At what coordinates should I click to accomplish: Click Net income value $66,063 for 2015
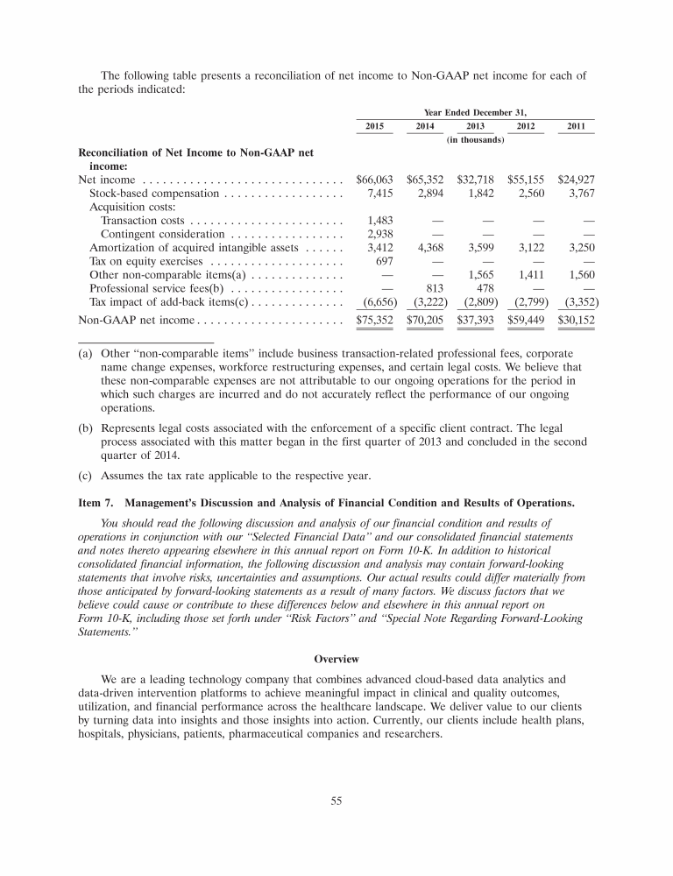pyautogui.click(x=375, y=179)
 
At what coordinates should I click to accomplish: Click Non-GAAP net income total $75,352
pyautogui.click(x=375, y=321)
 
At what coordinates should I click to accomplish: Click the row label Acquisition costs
pyautogui.click(x=130, y=207)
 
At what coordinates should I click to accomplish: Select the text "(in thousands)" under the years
pyautogui.click(x=476, y=140)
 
